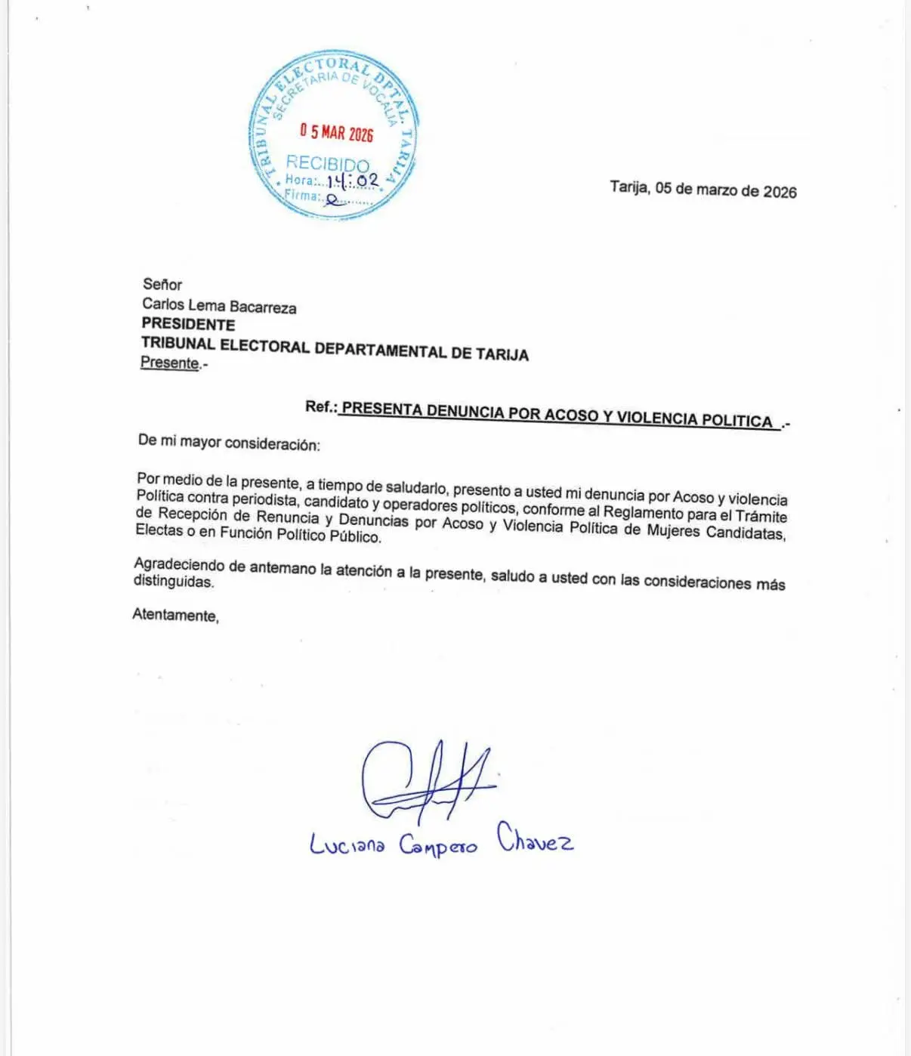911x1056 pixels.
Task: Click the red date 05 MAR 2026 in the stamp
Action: click(336, 133)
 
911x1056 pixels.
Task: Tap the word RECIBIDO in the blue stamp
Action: click(327, 163)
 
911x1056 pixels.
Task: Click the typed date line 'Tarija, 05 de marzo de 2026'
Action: click(703, 189)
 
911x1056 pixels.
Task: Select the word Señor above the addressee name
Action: click(162, 285)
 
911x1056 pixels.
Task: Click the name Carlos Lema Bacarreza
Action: click(219, 306)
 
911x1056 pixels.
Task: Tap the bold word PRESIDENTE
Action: click(188, 325)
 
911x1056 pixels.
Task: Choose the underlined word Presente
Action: click(170, 363)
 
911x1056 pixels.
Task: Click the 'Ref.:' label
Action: click(321, 406)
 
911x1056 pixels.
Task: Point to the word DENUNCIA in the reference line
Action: click(465, 412)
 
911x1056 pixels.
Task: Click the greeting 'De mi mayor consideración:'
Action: click(229, 443)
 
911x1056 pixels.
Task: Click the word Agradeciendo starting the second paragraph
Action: click(179, 565)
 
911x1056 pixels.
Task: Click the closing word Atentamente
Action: click(175, 615)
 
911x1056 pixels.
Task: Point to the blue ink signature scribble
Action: click(423, 782)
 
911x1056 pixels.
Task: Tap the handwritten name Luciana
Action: click(347, 844)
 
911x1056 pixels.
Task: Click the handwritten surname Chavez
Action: click(535, 838)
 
